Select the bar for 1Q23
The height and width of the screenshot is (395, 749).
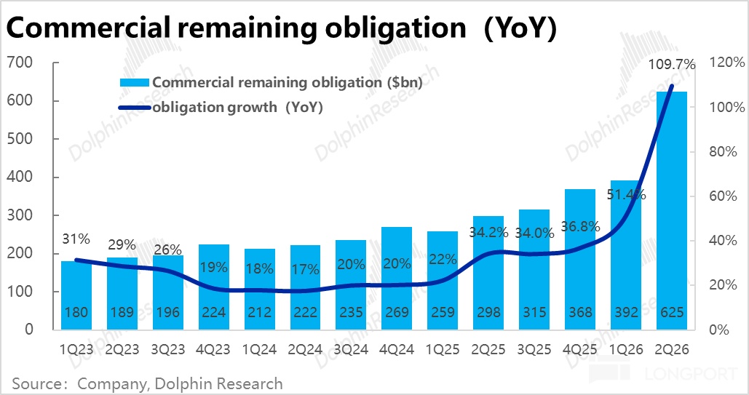click(76, 295)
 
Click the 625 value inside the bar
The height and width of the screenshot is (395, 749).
click(671, 312)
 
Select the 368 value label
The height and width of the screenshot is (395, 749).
click(579, 312)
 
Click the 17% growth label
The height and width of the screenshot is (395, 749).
click(304, 269)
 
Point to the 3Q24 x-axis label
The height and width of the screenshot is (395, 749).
click(350, 348)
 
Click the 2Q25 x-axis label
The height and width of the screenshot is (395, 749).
click(488, 348)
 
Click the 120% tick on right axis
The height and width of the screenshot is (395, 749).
click(721, 63)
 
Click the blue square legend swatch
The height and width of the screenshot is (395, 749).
click(135, 83)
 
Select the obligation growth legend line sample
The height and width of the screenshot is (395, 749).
click(135, 108)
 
